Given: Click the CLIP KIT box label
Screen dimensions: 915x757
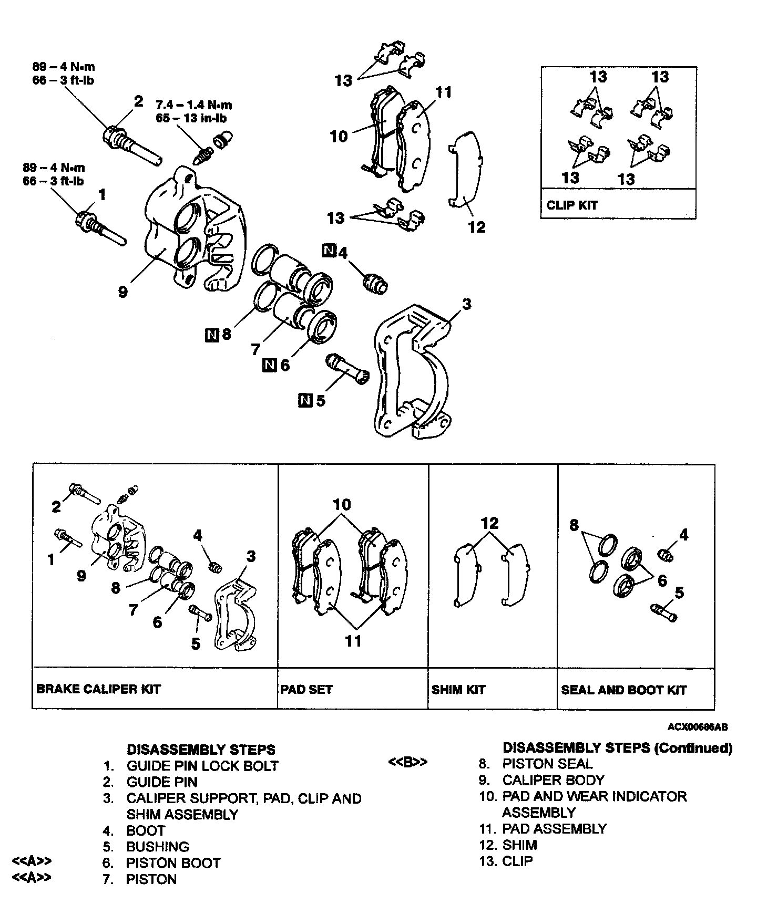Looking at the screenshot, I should pos(572,205).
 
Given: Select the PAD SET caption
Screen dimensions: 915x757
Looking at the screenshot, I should pos(306,689).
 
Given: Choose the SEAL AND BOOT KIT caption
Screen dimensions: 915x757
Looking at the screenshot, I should pos(623,689).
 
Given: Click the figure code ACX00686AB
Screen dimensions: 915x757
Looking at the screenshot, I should pos(698,727).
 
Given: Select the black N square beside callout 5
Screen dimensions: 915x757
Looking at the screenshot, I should pos(305,400).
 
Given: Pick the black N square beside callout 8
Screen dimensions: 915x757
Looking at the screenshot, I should pos(212,335).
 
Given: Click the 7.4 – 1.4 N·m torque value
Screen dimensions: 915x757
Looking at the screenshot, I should pos(194,105).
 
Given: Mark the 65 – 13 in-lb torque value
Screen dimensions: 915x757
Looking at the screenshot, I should pos(191,118).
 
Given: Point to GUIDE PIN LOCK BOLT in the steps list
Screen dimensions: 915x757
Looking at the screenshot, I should pos(202,766).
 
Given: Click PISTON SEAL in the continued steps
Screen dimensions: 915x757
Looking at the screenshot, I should pos(547,764).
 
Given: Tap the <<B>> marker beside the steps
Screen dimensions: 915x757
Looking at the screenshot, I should pos(407,762).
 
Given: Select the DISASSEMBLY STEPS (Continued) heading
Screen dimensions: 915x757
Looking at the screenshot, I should pos(617,747).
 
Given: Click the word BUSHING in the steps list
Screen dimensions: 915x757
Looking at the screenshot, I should pos(158,847).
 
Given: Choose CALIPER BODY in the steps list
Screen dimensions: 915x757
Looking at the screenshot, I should pos(553,780).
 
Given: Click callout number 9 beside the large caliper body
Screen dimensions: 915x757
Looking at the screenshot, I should pos(122,292).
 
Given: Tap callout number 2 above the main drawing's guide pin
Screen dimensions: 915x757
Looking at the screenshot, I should pos(138,101).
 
